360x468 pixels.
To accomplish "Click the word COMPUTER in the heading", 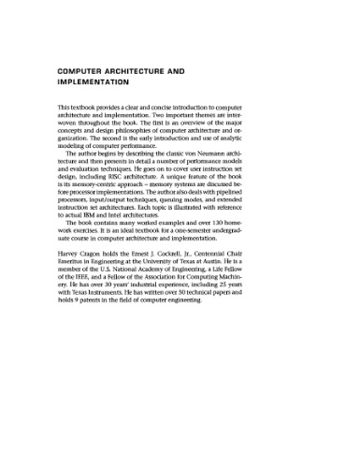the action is click(90, 70).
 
